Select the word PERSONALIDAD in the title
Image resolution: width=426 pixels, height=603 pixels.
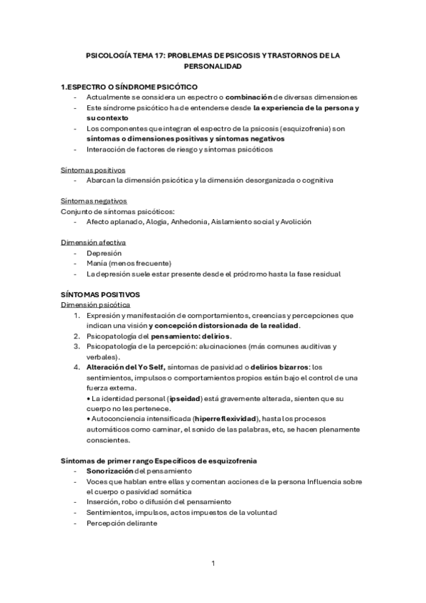click(213, 66)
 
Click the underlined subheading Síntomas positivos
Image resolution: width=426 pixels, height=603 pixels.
click(93, 170)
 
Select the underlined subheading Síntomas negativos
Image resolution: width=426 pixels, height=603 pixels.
click(94, 201)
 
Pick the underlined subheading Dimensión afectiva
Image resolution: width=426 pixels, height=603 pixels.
click(93, 242)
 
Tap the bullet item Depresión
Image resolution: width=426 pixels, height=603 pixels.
click(104, 253)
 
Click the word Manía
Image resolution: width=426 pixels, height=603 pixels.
click(98, 263)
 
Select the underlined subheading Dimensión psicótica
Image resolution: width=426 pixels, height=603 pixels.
click(95, 304)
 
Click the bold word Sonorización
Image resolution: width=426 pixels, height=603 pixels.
click(110, 471)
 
